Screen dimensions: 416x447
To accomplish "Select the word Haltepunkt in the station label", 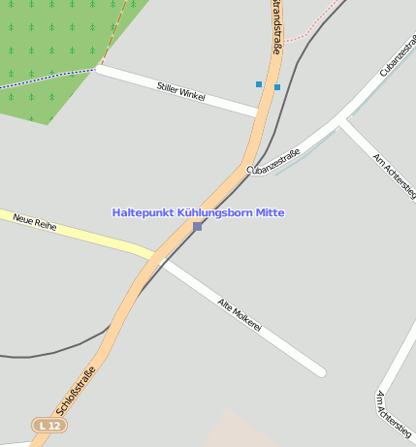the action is click(144, 212).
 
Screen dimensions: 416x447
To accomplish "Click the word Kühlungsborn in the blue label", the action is click(215, 212).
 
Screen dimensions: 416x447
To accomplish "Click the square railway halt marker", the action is click(198, 226).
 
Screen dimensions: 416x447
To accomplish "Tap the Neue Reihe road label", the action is click(35, 223).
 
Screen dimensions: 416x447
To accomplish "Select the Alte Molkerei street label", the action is click(240, 315).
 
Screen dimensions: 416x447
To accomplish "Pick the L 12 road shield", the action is click(49, 425).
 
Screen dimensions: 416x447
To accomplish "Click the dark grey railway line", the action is click(58, 354).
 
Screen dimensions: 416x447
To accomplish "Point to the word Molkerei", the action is click(247, 321).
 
